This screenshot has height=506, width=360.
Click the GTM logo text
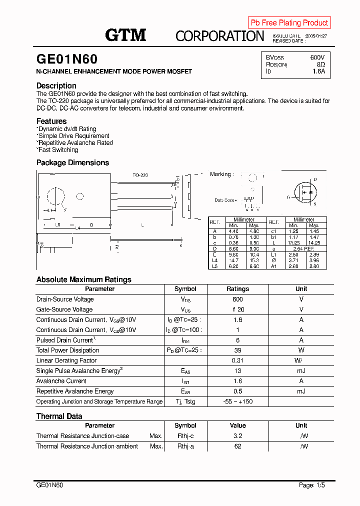tap(125, 35)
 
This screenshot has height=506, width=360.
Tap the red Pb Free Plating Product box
tap(289, 22)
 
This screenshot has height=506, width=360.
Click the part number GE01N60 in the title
tap(67, 59)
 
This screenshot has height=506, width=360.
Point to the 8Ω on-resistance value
tap(320, 64)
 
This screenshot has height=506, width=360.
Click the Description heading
tap(56, 85)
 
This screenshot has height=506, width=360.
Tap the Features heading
tap(51, 121)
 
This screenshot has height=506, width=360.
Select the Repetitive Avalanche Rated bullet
tap(75, 142)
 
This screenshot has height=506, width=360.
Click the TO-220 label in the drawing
tap(140, 175)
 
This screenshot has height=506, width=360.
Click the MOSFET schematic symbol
tap(304, 192)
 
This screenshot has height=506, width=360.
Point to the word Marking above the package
tap(220, 174)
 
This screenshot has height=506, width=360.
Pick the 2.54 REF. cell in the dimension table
tap(303, 248)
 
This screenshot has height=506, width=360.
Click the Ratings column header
tap(237, 289)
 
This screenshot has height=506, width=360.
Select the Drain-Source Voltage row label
tap(65, 299)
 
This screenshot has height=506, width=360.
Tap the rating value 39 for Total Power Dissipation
tap(237, 350)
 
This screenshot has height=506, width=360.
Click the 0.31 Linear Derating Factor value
tap(237, 360)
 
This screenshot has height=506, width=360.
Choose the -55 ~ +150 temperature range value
tap(237, 401)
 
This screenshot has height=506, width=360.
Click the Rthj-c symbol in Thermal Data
tap(185, 436)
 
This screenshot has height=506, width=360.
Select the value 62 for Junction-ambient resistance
tap(237, 446)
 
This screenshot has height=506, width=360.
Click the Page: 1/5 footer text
tap(311, 485)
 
